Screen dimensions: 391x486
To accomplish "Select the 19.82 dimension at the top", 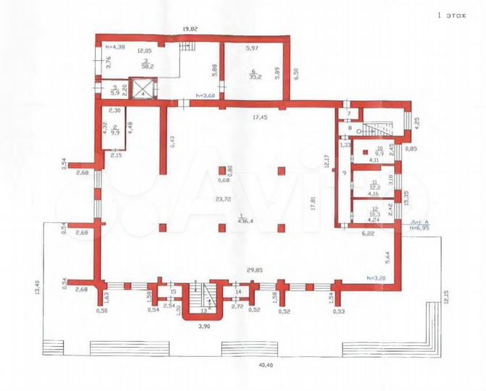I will [x=190, y=29].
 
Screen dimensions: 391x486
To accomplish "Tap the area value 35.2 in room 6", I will [x=252, y=72].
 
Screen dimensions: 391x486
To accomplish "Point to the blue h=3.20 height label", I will [x=376, y=277].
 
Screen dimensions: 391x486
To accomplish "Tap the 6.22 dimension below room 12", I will [x=369, y=234].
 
